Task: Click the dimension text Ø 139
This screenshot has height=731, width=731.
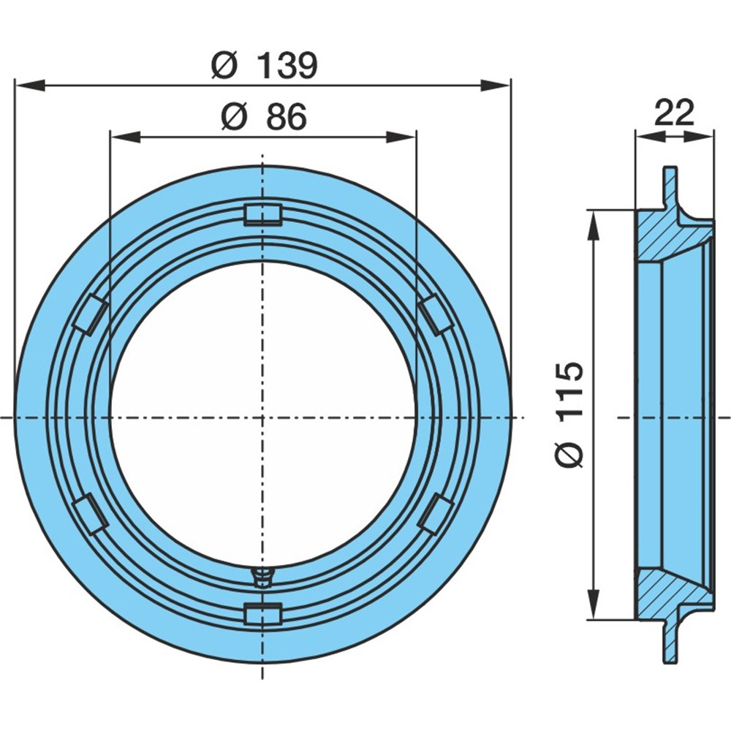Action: [x=264, y=65]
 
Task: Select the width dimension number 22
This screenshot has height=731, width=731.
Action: [x=674, y=113]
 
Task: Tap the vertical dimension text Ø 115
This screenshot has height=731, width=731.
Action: [x=569, y=414]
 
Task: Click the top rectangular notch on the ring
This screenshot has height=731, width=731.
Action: [x=263, y=214]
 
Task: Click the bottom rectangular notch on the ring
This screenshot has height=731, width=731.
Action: [x=263, y=612]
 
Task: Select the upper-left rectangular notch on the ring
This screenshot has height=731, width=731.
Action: [x=91, y=314]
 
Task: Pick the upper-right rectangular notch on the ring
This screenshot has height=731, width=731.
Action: [x=436, y=314]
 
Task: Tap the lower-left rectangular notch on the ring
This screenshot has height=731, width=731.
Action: [x=91, y=513]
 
